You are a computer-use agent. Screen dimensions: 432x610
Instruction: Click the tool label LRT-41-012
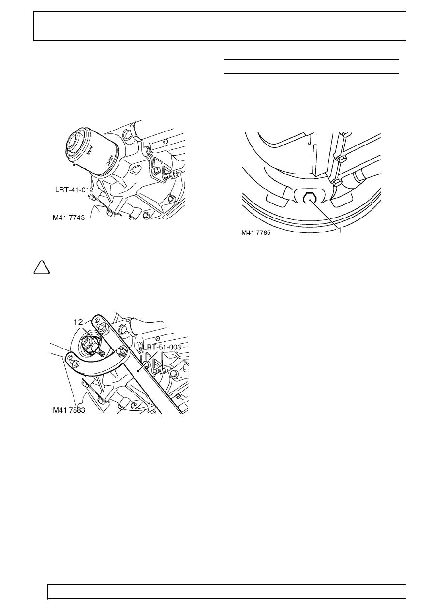pyautogui.click(x=74, y=189)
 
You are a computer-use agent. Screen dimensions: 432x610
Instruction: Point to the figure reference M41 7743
pyautogui.click(x=69, y=218)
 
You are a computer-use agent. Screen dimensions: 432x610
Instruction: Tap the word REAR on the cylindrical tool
pyautogui.click(x=89, y=150)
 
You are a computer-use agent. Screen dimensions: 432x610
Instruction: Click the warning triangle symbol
pyautogui.click(x=42, y=267)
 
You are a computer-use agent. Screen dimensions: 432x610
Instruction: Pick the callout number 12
pyautogui.click(x=78, y=322)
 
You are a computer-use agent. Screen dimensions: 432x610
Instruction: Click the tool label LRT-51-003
pyautogui.click(x=162, y=347)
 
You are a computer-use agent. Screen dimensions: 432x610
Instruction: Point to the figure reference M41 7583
pyautogui.click(x=69, y=410)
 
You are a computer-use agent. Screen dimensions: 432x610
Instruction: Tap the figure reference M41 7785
pyautogui.click(x=256, y=233)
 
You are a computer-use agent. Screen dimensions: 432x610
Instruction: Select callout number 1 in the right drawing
pyautogui.click(x=340, y=230)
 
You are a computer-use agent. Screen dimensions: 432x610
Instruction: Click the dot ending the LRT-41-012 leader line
pyautogui.click(x=74, y=164)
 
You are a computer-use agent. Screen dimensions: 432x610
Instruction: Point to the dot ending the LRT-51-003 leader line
pyautogui.click(x=138, y=370)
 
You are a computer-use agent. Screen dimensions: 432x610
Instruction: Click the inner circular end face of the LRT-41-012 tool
pyautogui.click(x=76, y=140)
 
